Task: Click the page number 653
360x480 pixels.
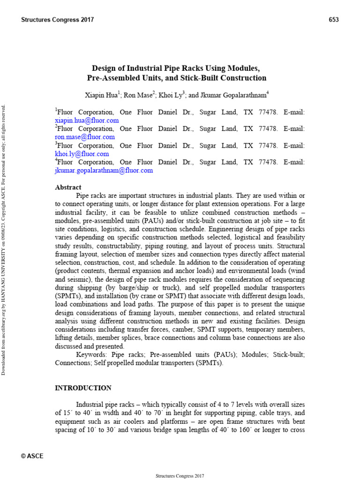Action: pos(334,20)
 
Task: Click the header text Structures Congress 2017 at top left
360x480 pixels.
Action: pos(58,20)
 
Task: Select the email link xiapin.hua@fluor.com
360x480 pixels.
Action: pos(87,120)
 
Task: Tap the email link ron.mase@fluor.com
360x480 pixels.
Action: pos(85,137)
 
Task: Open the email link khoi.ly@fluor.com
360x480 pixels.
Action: pos(82,154)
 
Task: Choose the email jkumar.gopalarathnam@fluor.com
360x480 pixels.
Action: pos(104,171)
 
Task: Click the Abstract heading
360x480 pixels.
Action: pos(68,187)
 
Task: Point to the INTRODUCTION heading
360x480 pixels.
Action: pos(83,388)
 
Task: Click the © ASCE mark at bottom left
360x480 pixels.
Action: pos(32,456)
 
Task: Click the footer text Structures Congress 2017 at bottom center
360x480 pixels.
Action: pos(180,476)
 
